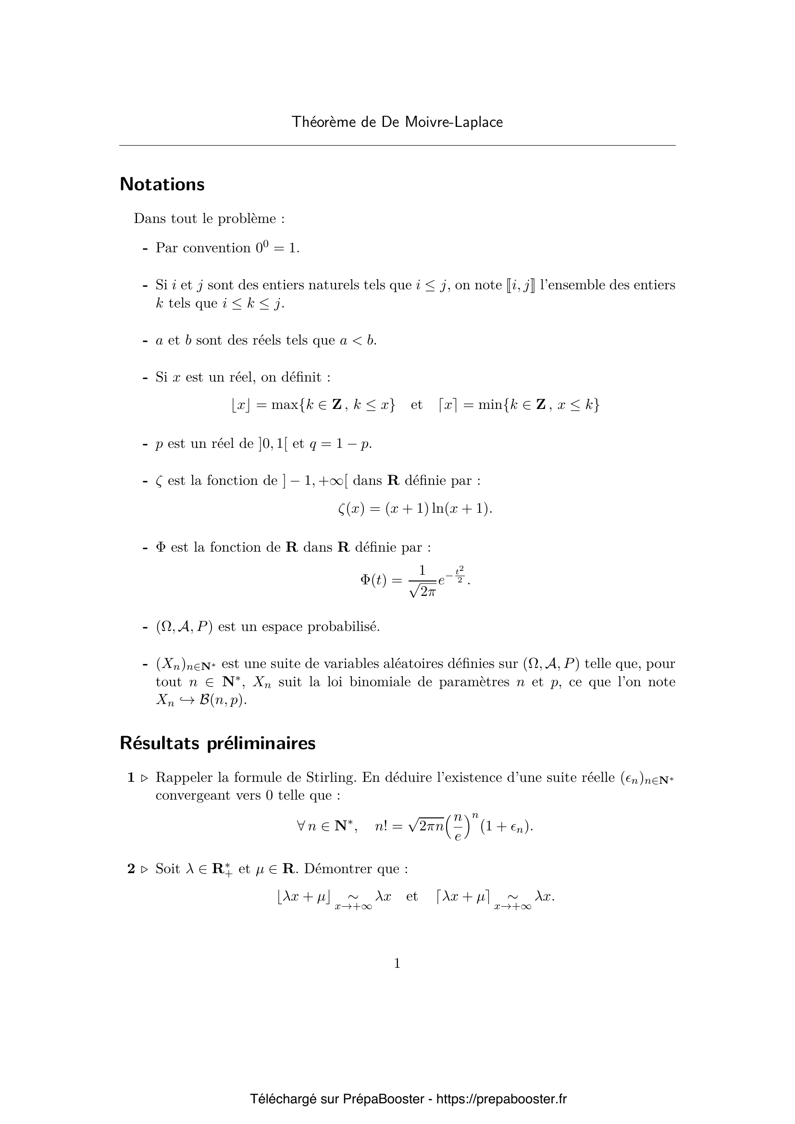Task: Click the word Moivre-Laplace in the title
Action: tap(454, 122)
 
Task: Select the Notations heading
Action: tap(162, 184)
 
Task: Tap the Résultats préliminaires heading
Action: tap(218, 743)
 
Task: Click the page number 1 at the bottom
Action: tap(397, 963)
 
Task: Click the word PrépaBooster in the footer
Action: tap(383, 1099)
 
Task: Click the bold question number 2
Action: tap(131, 868)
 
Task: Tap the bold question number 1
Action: tap(131, 778)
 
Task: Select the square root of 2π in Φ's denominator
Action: tap(422, 592)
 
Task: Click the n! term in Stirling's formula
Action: tap(381, 827)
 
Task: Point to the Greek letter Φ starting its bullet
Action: tap(161, 547)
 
